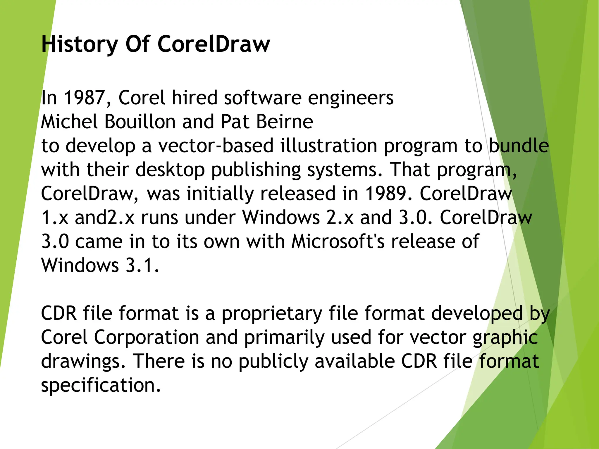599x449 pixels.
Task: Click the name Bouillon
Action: (140, 122)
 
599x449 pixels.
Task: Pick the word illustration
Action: (329, 146)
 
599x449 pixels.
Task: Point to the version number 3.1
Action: (142, 265)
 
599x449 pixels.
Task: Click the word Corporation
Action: (147, 337)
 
